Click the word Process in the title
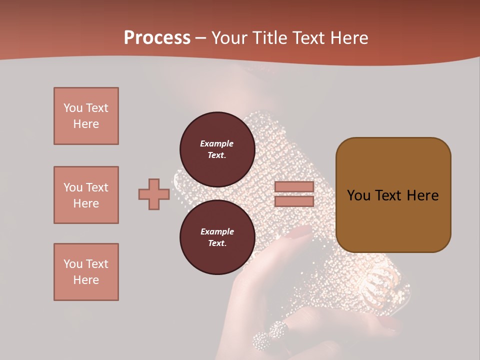click(x=157, y=37)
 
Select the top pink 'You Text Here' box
click(x=86, y=116)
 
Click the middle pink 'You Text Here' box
click(x=86, y=195)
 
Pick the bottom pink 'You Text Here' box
click(x=86, y=272)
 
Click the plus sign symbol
click(x=154, y=194)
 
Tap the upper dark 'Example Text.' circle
click(x=217, y=149)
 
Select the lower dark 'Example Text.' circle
click(x=217, y=237)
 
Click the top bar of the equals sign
click(x=294, y=187)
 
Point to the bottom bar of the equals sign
click(x=294, y=201)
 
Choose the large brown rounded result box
click(x=393, y=195)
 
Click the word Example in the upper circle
click(x=217, y=143)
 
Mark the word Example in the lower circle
click(x=217, y=231)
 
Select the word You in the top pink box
click(x=72, y=108)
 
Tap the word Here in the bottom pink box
click(x=86, y=280)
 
